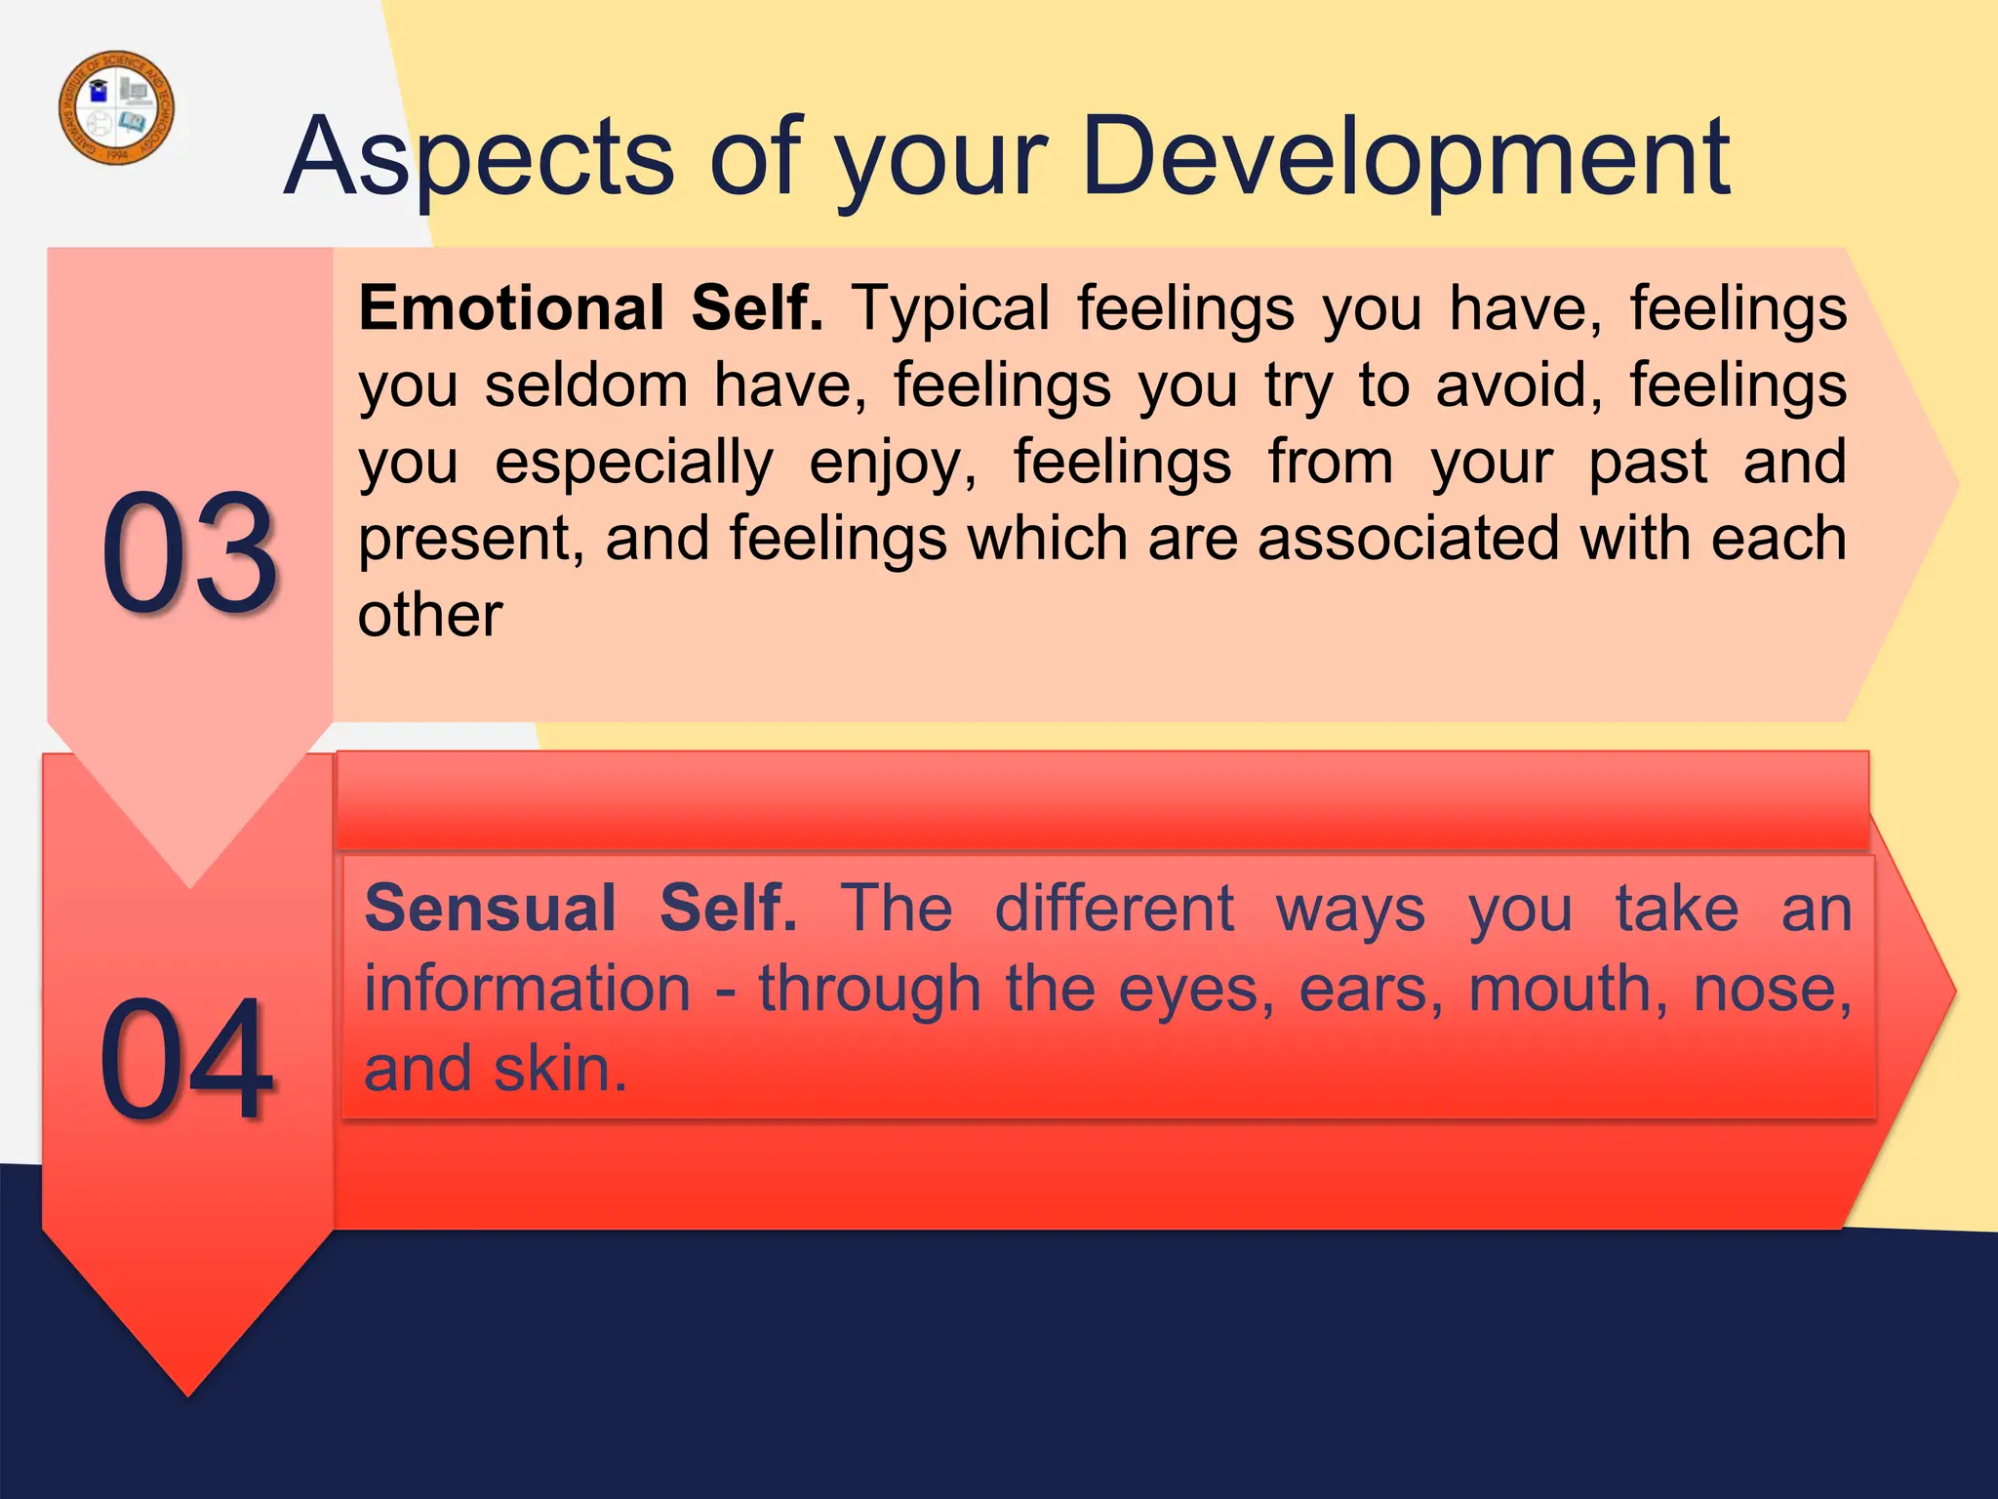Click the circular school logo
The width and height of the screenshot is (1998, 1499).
coord(117,107)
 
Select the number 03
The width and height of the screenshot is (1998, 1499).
coord(189,554)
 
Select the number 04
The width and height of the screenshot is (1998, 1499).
coord(186,1059)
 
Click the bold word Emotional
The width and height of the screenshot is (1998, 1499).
coord(512,308)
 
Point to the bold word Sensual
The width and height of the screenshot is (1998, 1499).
coord(490,909)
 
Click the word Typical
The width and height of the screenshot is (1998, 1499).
coord(951,308)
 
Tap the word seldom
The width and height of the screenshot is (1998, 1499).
coord(586,385)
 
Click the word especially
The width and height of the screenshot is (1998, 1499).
coord(634,463)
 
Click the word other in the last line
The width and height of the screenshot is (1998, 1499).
coord(430,616)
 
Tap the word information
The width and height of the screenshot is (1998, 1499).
coord(528,989)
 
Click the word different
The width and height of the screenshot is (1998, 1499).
coord(1114,909)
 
